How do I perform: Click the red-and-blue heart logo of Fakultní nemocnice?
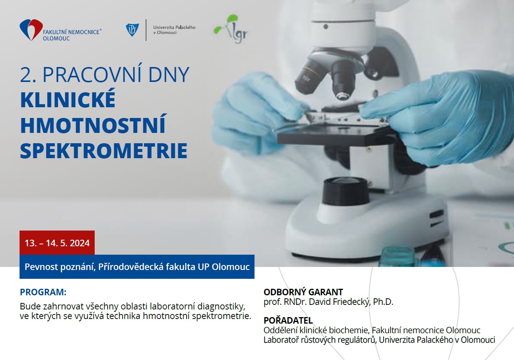click(31, 30)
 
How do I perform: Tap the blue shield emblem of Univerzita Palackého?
click(132, 30)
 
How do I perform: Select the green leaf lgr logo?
click(231, 29)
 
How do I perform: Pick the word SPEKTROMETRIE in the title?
click(104, 151)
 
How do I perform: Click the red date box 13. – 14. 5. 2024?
click(57, 242)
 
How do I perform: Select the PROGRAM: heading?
click(43, 292)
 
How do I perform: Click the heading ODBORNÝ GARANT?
click(303, 292)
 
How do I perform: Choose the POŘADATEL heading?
click(288, 320)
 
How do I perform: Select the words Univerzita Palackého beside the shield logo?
click(174, 27)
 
